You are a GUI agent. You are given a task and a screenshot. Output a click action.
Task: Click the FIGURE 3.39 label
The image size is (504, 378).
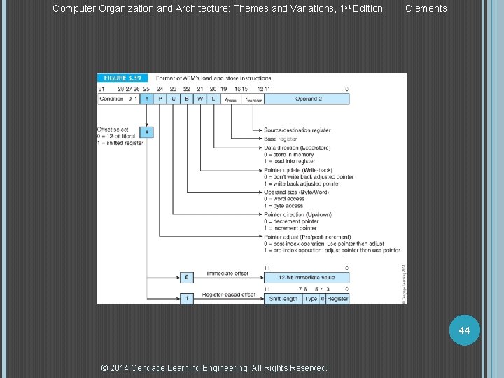pyautogui.click(x=123, y=78)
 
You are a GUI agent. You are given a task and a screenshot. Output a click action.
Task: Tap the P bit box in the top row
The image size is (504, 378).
pyautogui.click(x=160, y=99)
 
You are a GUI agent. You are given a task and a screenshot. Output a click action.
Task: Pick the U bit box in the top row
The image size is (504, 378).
pyautogui.click(x=174, y=99)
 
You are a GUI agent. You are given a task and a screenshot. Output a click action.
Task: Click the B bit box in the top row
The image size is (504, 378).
pyautogui.click(x=187, y=99)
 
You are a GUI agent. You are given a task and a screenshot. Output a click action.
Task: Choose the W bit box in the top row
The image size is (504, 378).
pyautogui.click(x=200, y=99)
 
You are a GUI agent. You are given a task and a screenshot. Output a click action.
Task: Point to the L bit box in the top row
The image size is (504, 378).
pyautogui.click(x=213, y=99)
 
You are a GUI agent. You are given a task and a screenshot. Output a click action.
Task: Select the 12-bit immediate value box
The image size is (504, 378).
pyautogui.click(x=307, y=277)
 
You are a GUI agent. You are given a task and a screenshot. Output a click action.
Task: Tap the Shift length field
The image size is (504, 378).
pyautogui.click(x=283, y=299)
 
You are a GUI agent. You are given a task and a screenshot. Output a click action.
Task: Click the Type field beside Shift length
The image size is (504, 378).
pyautogui.click(x=311, y=299)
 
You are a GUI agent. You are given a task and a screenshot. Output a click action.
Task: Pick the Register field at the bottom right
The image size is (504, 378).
pyautogui.click(x=337, y=299)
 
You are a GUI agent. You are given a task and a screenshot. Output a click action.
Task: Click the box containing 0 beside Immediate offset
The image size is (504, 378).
pyautogui.click(x=186, y=277)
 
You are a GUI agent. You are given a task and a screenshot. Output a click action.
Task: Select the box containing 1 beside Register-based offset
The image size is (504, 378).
pyautogui.click(x=186, y=299)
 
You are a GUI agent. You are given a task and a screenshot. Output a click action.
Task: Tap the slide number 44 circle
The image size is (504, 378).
pyautogui.click(x=463, y=329)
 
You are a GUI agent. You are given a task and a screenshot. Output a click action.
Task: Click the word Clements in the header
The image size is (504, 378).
pyautogui.click(x=426, y=8)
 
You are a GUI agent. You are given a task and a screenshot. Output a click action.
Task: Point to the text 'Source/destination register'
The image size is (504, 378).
pyautogui.click(x=297, y=130)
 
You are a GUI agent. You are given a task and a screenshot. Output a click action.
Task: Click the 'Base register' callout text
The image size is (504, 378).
pyautogui.click(x=280, y=139)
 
